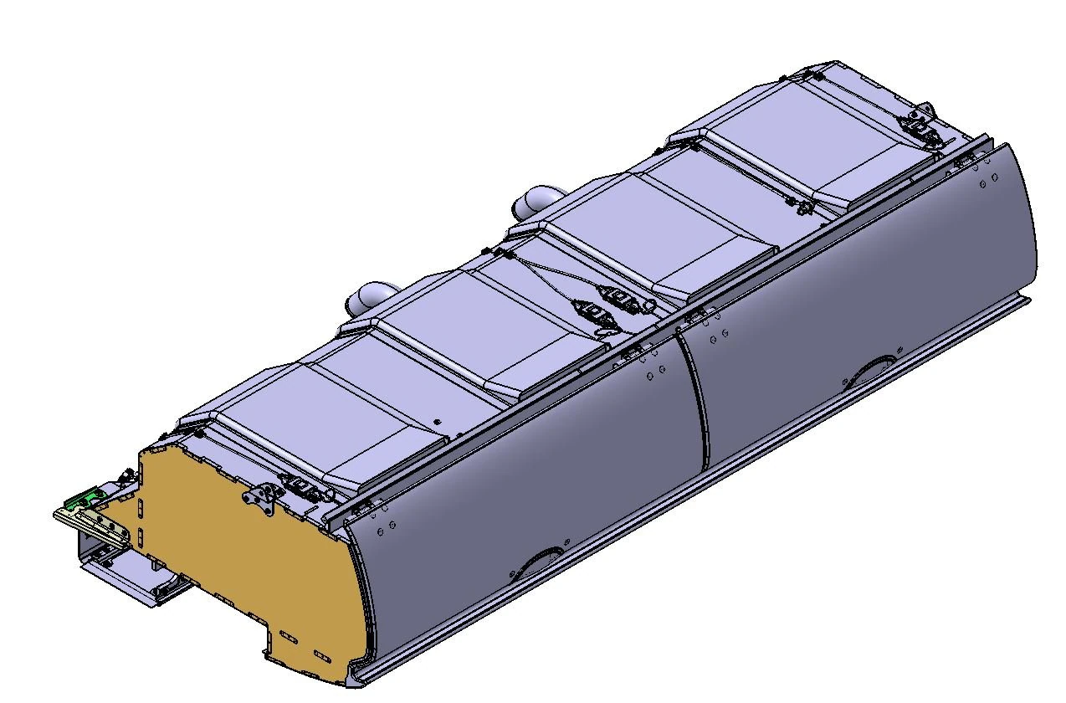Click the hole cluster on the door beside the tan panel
click(x=385, y=527)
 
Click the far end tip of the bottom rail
click(x=1026, y=301)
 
